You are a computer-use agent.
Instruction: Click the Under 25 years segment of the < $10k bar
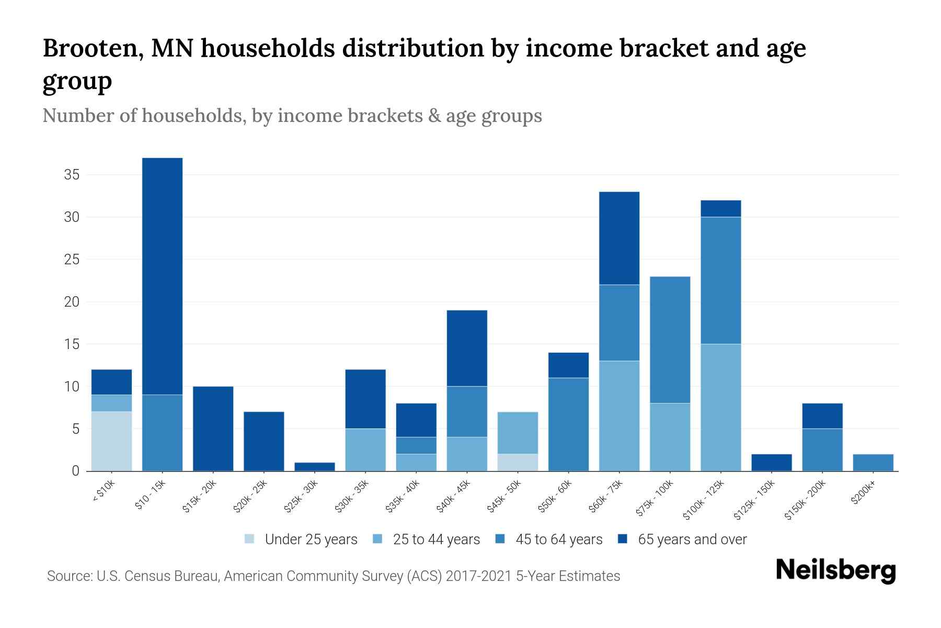pos(111,441)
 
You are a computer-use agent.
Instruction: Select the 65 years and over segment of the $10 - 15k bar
pos(162,276)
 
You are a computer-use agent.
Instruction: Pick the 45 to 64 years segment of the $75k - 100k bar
pos(670,340)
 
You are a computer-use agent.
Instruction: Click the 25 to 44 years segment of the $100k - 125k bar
pos(720,407)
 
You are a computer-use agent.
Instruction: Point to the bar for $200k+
pos(873,463)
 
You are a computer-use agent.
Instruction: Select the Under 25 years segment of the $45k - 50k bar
pos(518,462)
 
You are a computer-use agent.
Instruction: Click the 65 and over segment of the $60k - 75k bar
pos(619,238)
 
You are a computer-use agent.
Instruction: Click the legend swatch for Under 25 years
pos(250,539)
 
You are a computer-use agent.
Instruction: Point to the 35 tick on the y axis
pos(72,175)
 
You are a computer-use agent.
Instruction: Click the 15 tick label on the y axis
pos(72,344)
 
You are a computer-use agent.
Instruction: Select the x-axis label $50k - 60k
pos(556,496)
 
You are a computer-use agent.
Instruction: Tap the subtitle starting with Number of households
pos(292,116)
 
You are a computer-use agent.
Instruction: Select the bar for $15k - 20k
pos(213,429)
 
